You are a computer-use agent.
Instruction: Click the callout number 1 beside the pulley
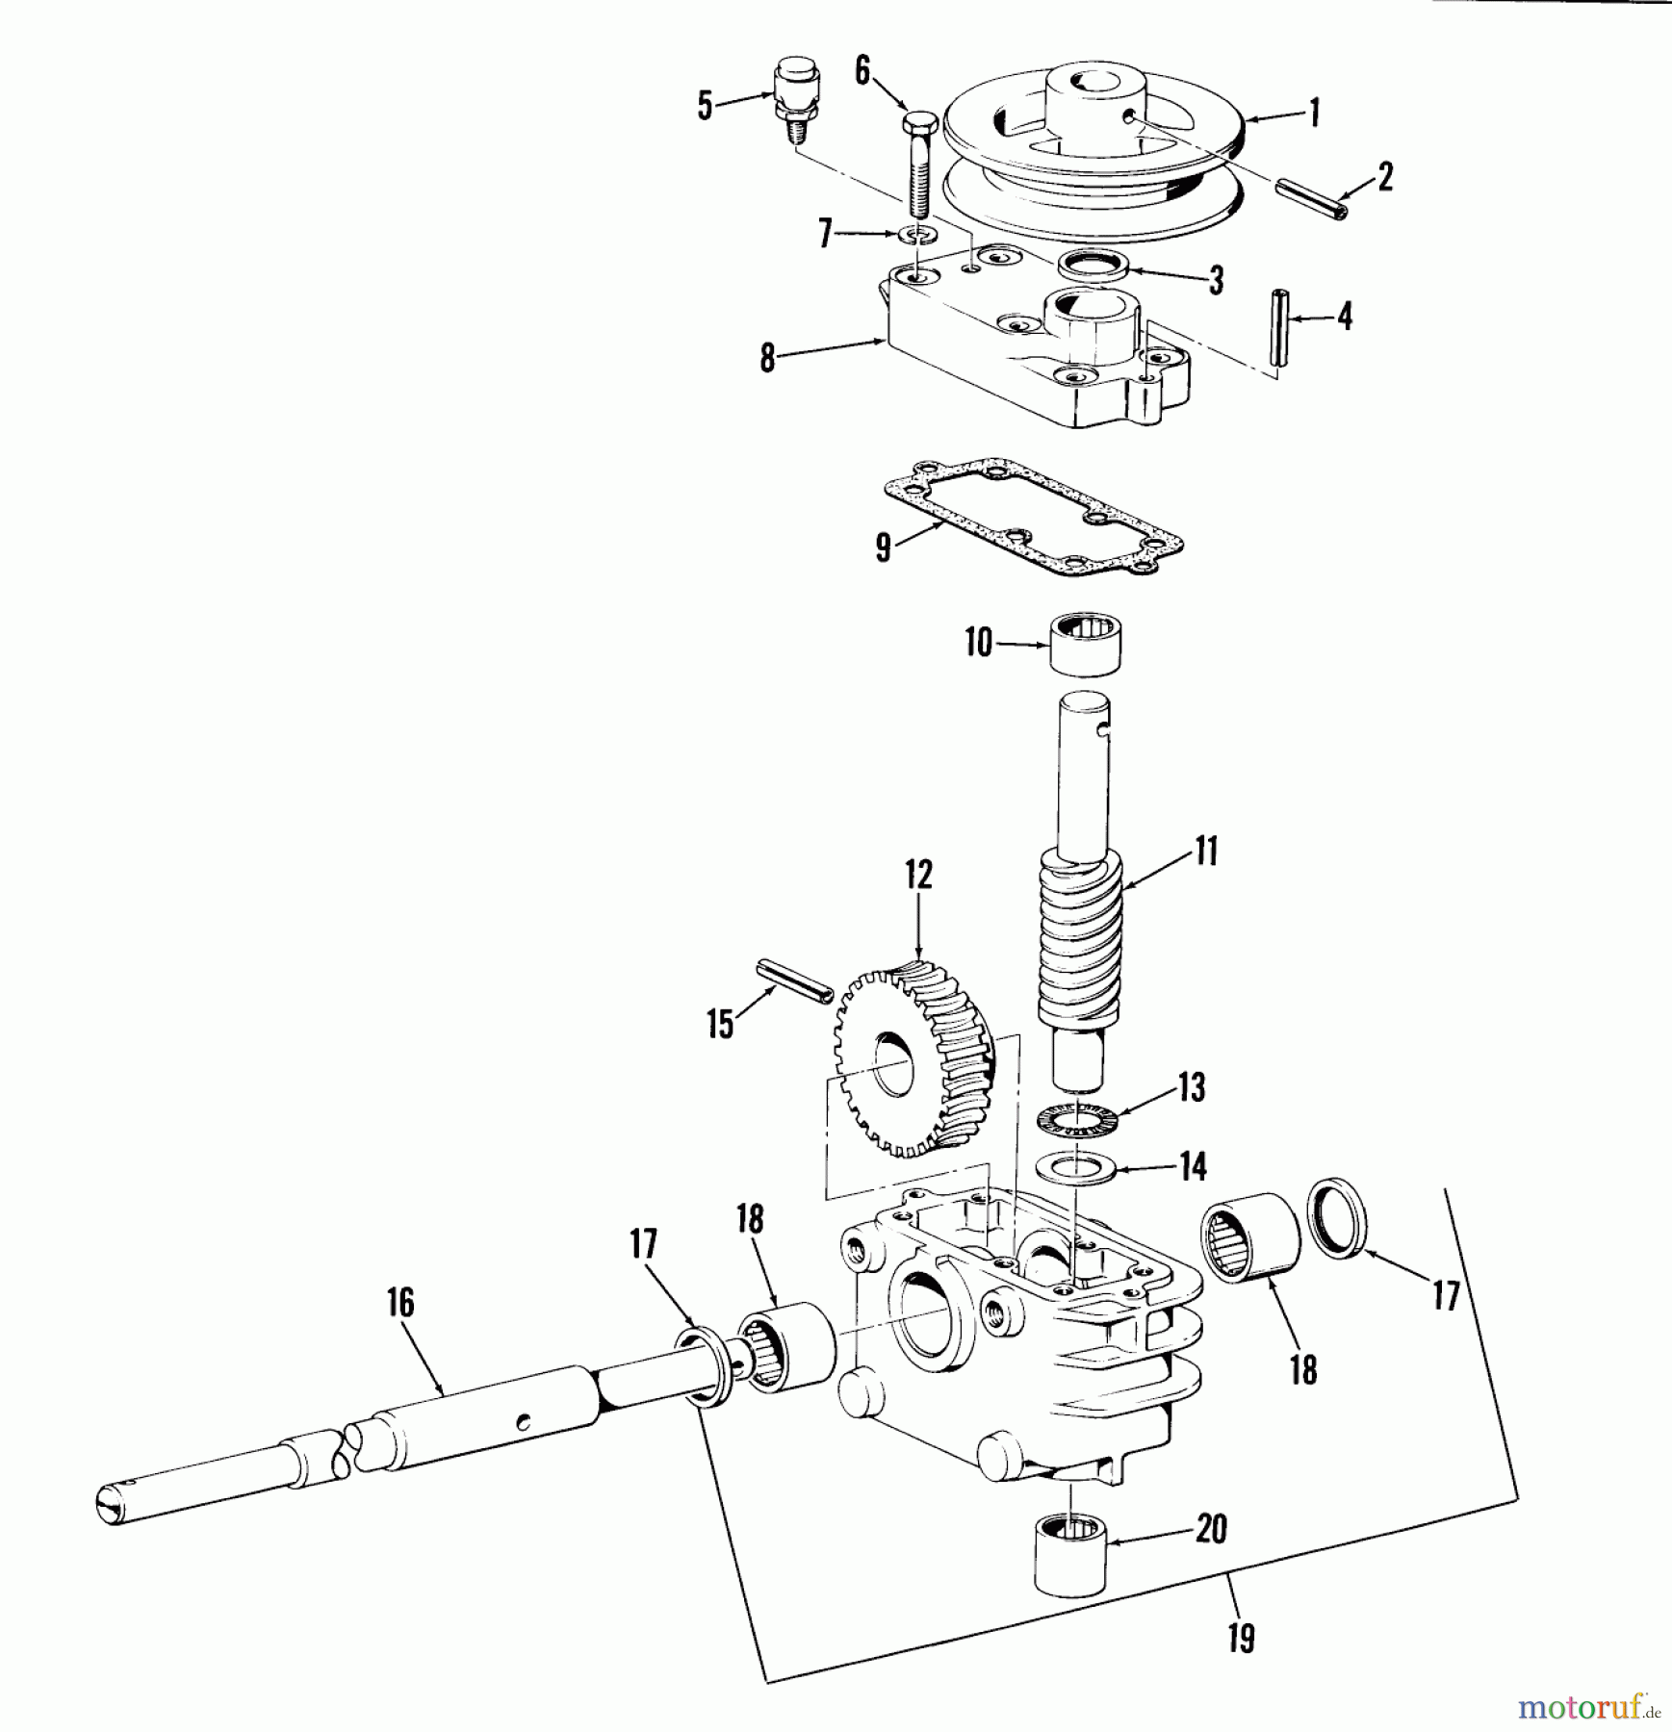pyautogui.click(x=1313, y=113)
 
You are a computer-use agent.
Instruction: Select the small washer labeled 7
pyautogui.click(x=920, y=235)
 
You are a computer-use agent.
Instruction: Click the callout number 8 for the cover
pyautogui.click(x=767, y=358)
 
